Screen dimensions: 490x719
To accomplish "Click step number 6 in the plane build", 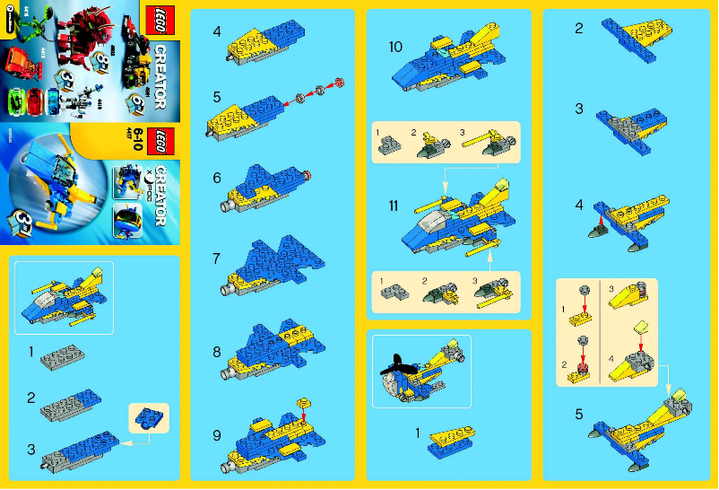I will tap(217, 178).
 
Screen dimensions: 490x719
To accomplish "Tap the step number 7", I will tap(217, 258).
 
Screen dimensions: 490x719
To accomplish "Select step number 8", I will tap(217, 352).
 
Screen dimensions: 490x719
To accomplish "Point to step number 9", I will tap(217, 435).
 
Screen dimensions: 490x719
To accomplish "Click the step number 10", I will tap(395, 46).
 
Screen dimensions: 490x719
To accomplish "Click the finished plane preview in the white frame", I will tap(63, 294).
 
